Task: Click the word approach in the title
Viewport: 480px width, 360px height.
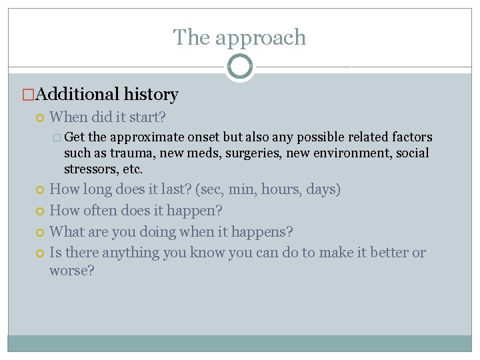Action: point(267,38)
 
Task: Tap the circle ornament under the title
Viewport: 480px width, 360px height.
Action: point(239,67)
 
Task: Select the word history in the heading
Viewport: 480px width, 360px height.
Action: point(150,95)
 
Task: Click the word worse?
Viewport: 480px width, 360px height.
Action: point(72,271)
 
